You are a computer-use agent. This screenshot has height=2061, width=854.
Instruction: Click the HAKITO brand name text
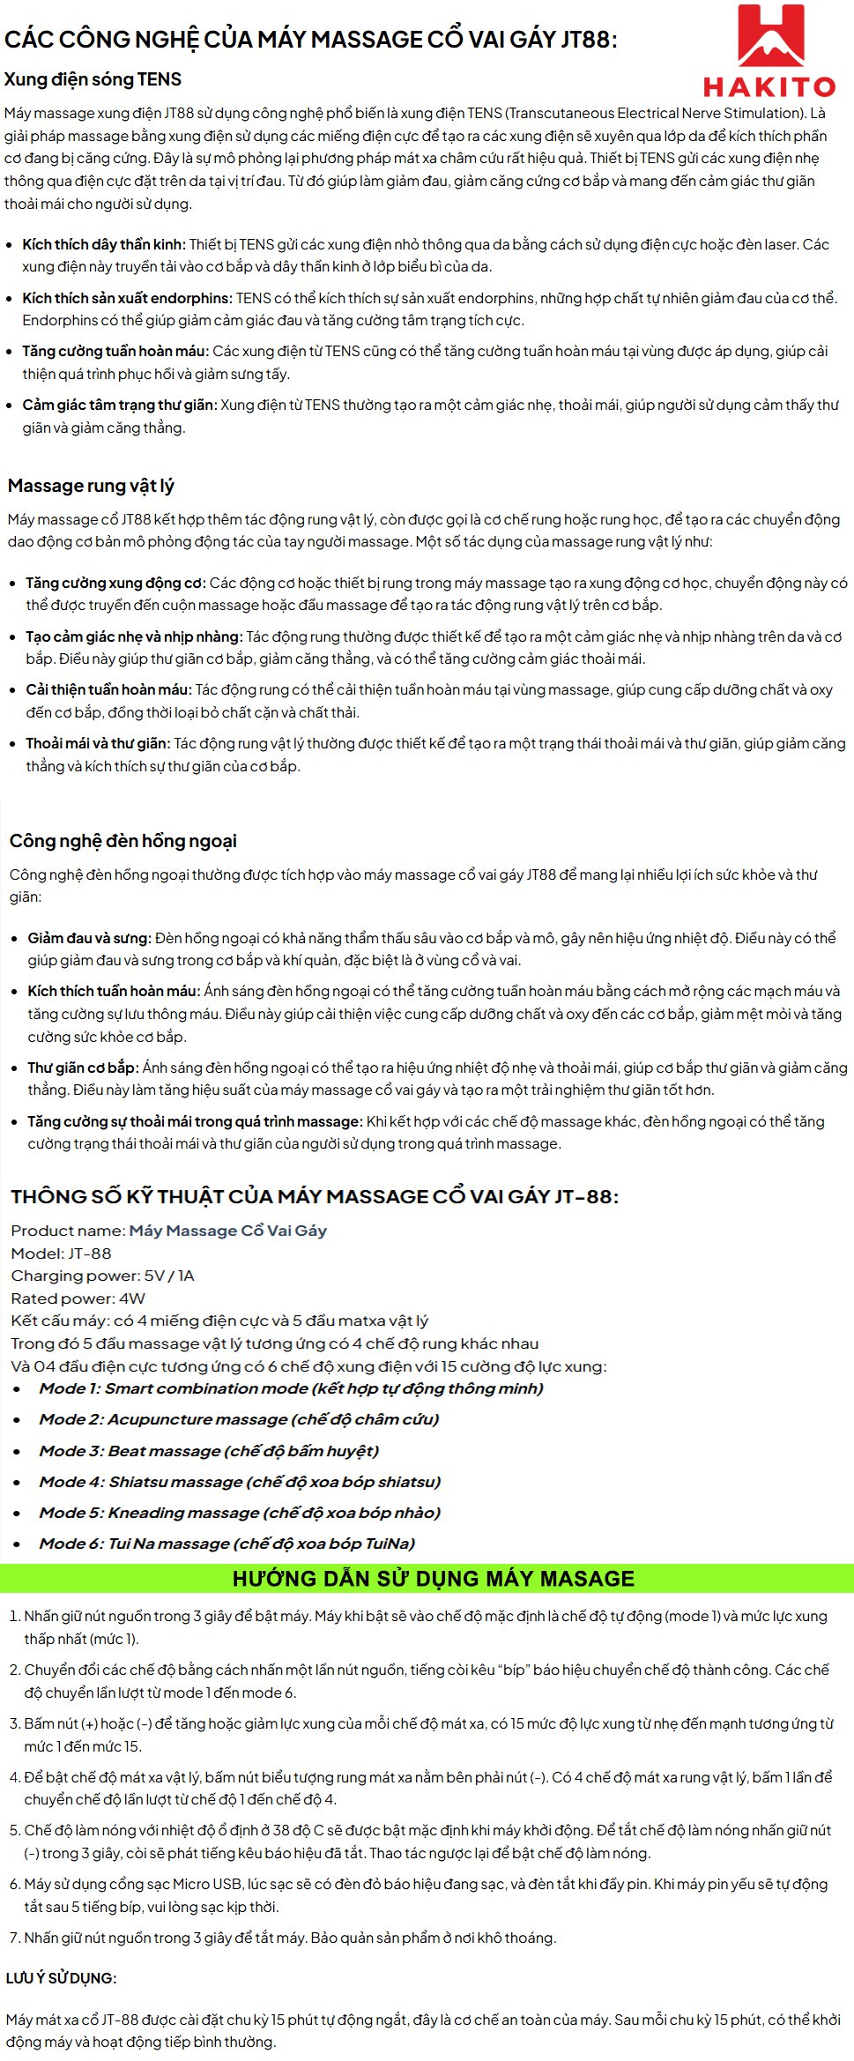[x=770, y=86]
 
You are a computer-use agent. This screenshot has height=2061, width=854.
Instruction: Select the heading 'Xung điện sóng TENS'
[x=93, y=79]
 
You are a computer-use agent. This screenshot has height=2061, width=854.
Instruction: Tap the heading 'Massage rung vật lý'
[x=91, y=486]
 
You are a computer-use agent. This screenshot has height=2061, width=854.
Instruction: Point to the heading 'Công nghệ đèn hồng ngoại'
[x=123, y=841]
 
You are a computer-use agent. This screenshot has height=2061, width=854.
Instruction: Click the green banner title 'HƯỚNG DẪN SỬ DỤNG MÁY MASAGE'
[x=433, y=1579]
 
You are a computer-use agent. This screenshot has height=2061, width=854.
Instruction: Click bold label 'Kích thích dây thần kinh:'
[x=104, y=244]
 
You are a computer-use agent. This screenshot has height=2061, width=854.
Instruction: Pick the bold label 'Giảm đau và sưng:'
[x=90, y=938]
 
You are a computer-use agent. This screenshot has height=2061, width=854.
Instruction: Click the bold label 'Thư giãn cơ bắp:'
[x=83, y=1068]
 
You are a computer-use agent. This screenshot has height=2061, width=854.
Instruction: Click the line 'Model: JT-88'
[x=62, y=1254]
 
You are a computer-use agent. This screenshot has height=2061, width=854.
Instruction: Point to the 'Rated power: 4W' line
[x=78, y=1298]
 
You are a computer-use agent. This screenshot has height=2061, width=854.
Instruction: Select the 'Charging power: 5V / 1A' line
[x=103, y=1276]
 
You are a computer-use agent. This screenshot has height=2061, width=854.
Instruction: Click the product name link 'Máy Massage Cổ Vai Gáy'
[x=228, y=1231]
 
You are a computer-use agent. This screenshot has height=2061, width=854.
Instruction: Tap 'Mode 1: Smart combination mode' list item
[x=291, y=1388]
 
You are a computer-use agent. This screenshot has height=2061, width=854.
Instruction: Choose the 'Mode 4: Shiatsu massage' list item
[x=240, y=1482]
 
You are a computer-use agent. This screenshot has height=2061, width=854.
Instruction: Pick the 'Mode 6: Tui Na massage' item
[x=226, y=1544]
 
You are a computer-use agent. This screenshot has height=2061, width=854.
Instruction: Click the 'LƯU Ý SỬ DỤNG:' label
[x=61, y=1978]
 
